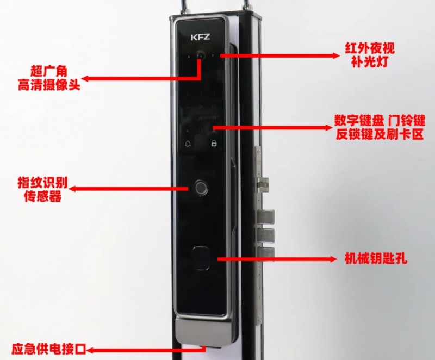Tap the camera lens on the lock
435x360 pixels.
(x=201, y=55)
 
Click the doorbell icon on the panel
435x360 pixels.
(x=188, y=145)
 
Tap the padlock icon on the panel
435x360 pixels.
(x=214, y=145)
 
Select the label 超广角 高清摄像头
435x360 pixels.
(x=48, y=78)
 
